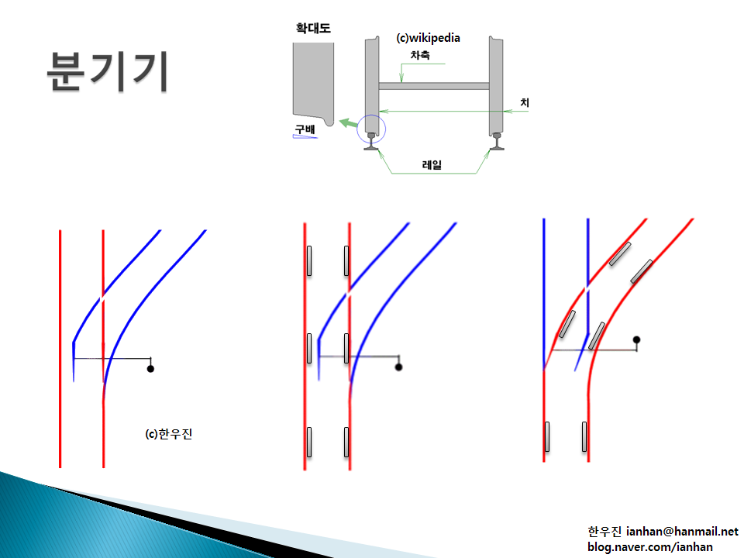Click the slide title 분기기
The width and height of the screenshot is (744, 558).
tap(107, 71)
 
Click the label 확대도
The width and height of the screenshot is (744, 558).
tap(313, 29)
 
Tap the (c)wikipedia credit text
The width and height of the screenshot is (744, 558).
tap(428, 38)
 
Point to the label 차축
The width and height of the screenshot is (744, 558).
tap(420, 55)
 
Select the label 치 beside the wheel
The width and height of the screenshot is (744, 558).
tap(525, 102)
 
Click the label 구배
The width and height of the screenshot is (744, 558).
tap(305, 129)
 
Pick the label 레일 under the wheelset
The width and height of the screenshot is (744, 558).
tap(432, 164)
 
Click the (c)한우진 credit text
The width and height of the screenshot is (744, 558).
tap(169, 434)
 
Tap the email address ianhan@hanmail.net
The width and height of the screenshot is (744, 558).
tap(682, 532)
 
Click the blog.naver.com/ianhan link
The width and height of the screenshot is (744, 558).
tap(650, 547)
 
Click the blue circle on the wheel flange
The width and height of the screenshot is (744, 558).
tap(371, 129)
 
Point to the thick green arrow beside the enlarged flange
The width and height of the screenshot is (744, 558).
tap(349, 123)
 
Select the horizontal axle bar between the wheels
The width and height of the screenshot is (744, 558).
tap(434, 86)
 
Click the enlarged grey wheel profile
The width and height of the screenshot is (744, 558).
tap(313, 83)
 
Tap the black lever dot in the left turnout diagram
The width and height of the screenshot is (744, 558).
tap(150, 369)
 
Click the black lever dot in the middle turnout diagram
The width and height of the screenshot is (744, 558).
tap(398, 367)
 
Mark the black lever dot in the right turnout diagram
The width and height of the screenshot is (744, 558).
tap(637, 339)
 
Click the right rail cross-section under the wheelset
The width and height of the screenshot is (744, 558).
tap(497, 142)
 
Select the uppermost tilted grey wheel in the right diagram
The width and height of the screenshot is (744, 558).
tap(620, 254)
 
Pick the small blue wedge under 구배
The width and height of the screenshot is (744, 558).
tap(305, 137)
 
